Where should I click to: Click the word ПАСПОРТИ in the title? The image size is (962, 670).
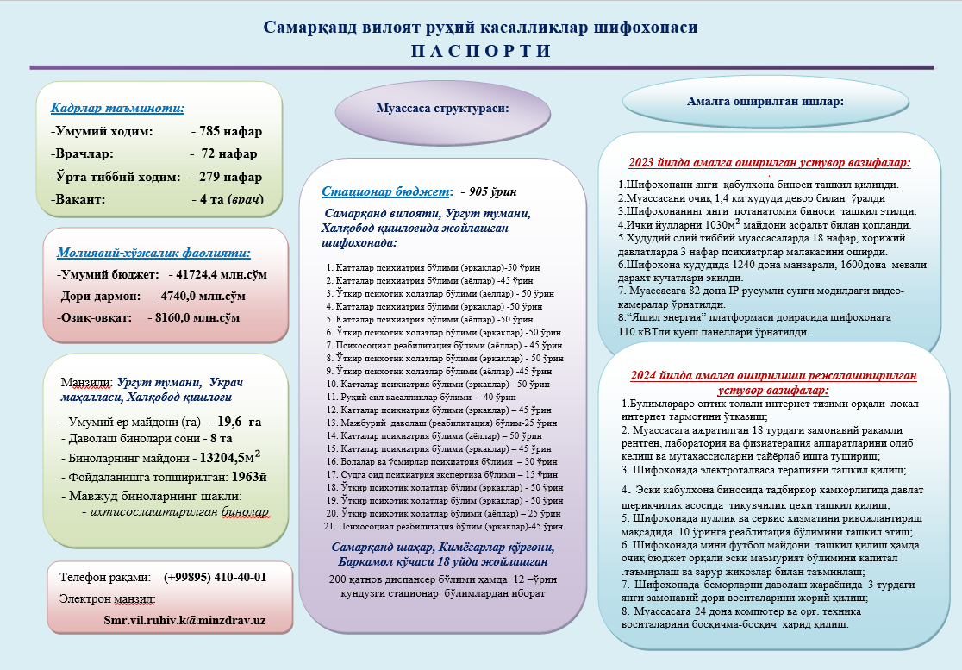coord(480,51)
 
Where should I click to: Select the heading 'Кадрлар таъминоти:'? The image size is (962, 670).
coord(117,109)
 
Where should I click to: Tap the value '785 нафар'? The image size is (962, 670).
coord(230,132)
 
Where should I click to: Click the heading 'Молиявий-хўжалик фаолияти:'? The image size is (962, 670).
coord(153,253)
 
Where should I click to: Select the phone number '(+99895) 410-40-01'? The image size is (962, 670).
coord(215,576)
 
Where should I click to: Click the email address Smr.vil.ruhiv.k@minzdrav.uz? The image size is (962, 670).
coord(184,620)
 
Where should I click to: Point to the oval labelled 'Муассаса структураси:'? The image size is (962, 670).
coord(442,109)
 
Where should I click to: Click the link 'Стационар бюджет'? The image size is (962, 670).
coord(385,191)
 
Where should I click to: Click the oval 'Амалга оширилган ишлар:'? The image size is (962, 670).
coord(765,101)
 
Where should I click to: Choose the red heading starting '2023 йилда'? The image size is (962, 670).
coord(769,162)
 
